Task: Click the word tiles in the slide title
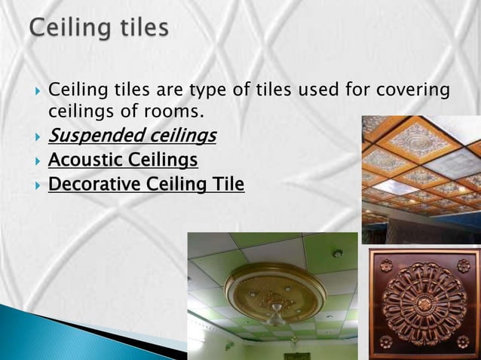point(142,29)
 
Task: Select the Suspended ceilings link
point(132,136)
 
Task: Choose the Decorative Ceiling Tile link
point(146,184)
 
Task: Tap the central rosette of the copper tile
point(424,302)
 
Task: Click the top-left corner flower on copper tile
point(386,266)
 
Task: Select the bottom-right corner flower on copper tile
point(463,341)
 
